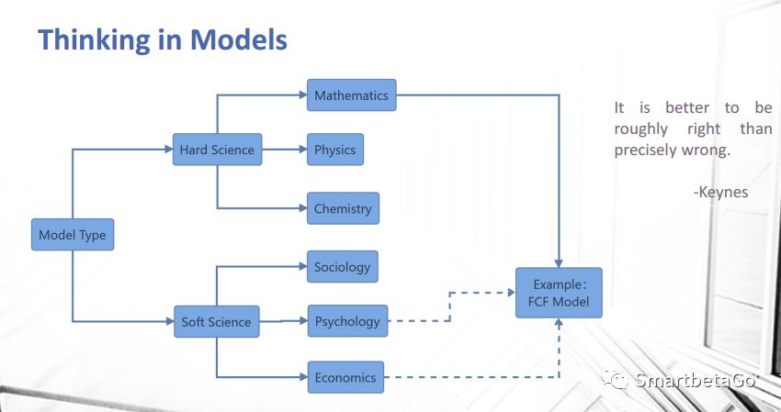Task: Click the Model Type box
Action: (73, 234)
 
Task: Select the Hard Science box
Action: (217, 150)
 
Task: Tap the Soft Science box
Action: (217, 321)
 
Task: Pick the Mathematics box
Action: (352, 95)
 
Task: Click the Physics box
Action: (335, 150)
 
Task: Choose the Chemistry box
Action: (344, 208)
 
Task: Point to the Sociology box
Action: (343, 267)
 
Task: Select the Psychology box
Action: (347, 321)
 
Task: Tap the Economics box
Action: (345, 377)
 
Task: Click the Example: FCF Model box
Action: (559, 293)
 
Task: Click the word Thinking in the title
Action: (94, 39)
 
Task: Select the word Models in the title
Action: (239, 39)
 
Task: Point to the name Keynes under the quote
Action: (723, 192)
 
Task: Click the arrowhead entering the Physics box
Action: (303, 150)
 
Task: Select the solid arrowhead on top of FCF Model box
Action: (559, 263)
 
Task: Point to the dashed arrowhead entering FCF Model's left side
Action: (512, 293)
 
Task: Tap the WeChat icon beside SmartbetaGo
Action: (617, 380)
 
